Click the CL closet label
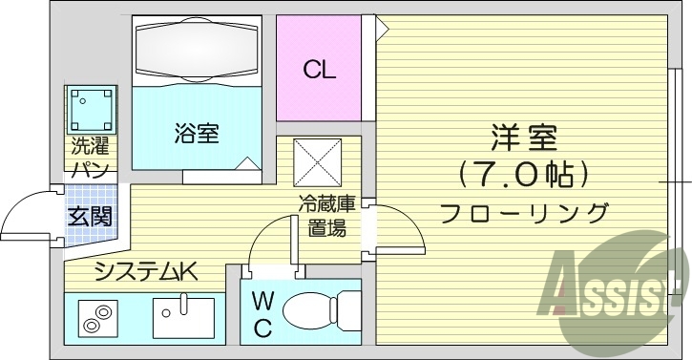coord(319,70)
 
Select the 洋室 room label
coord(523,138)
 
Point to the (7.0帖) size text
coord(522,174)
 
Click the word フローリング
coord(523,212)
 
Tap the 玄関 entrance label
coord(89,216)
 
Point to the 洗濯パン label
coord(91,158)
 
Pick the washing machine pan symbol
coord(91,110)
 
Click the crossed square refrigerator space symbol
coord(317,161)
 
